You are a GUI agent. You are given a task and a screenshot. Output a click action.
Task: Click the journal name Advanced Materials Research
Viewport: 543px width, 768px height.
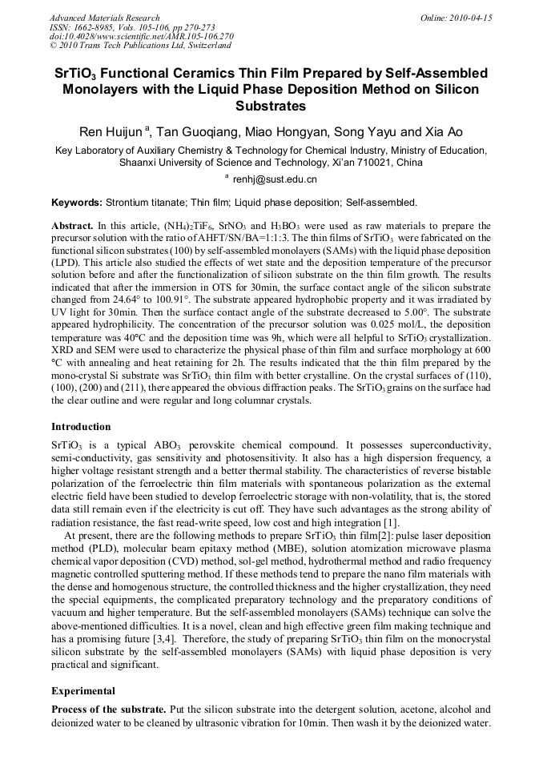[104, 18]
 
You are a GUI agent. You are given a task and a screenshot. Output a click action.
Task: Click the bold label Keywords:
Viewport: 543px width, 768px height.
[76, 202]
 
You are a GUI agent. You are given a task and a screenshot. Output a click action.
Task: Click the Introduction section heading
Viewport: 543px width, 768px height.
[81, 427]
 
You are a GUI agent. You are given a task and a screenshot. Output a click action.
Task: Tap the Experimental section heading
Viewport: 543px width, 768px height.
[83, 690]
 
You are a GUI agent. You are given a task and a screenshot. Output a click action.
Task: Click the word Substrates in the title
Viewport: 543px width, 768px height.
[271, 106]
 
